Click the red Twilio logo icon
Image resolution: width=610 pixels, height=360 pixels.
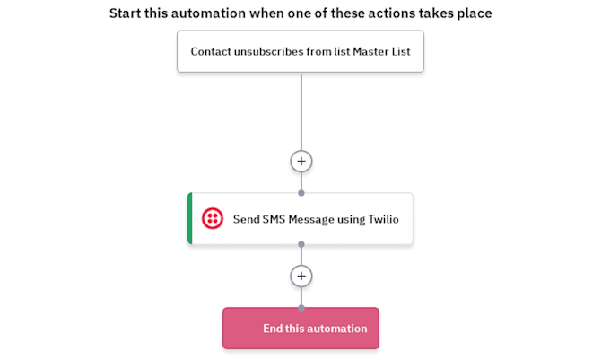[213, 218]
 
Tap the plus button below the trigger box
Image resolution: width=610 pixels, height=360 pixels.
[301, 161]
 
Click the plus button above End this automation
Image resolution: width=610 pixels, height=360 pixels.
[301, 276]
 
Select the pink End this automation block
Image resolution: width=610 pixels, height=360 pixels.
[301, 328]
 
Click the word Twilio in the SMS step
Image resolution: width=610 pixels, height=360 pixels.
[384, 219]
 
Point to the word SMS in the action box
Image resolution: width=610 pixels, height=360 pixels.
[274, 219]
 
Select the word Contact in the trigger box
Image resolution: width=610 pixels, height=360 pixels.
[211, 51]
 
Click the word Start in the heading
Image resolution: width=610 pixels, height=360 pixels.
[126, 13]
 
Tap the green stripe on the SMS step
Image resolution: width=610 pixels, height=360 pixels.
[190, 218]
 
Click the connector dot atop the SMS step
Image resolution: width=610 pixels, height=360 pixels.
[301, 193]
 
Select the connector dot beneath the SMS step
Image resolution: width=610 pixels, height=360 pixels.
[301, 244]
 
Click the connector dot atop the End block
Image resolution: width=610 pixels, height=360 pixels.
[301, 308]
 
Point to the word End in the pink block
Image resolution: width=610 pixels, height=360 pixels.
[273, 329]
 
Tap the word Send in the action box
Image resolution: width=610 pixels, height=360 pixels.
[247, 219]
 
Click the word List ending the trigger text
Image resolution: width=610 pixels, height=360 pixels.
[401, 51]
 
